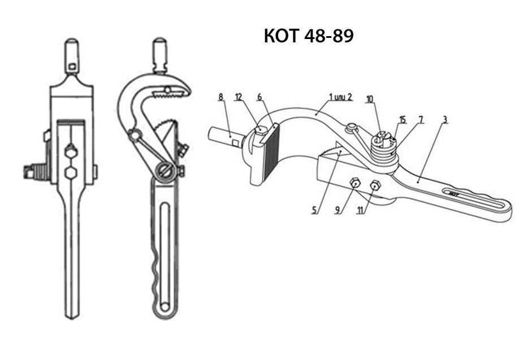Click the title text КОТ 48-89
coord(309,36)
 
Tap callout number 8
coord(220,97)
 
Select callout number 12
coord(239,97)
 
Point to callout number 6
coord(259,97)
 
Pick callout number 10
coord(370,99)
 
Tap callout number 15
coord(403,120)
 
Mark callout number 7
coord(421,120)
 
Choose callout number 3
coord(446,120)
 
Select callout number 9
coord(337,210)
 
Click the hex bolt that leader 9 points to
coord(354,182)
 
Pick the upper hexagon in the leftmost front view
coord(71,151)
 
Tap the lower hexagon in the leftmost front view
coord(71,172)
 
